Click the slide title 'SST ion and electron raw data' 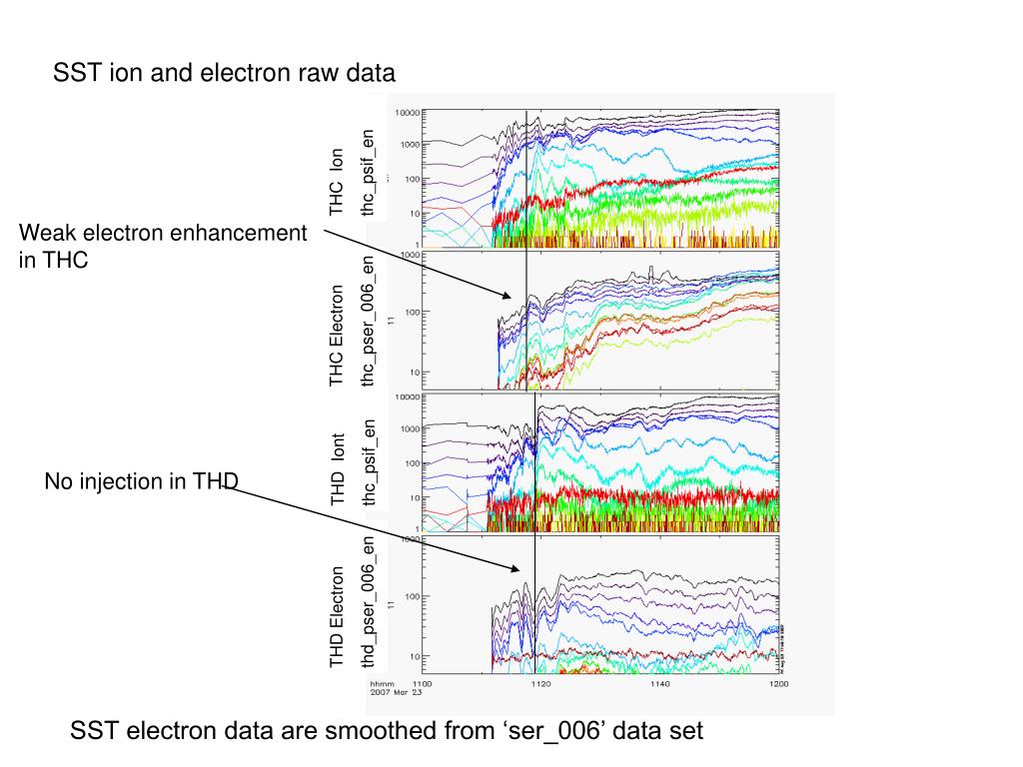[x=224, y=73]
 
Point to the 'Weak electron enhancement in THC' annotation [x=164, y=246]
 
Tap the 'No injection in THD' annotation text [x=141, y=482]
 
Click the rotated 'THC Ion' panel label [x=337, y=181]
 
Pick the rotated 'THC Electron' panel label [x=337, y=335]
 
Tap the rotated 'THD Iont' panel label [x=337, y=467]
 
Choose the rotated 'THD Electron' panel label [x=337, y=616]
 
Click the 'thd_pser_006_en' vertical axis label [x=369, y=602]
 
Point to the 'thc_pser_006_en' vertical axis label [x=369, y=321]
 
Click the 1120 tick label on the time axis [x=539, y=684]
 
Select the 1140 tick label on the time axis [x=659, y=684]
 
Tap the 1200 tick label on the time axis [x=778, y=684]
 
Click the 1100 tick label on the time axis [x=410, y=684]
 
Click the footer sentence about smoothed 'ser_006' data [x=387, y=731]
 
